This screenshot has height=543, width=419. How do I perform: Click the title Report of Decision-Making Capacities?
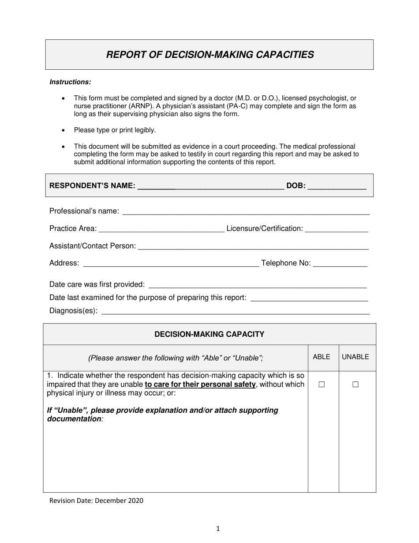tap(210, 55)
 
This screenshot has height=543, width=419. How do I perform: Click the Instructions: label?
tap(70, 82)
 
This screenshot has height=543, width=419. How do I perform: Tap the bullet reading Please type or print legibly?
tap(115, 130)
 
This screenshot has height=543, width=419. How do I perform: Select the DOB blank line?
tap(337, 186)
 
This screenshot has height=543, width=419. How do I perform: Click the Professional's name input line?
tap(246, 211)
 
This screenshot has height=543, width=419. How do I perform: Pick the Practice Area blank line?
tap(161, 229)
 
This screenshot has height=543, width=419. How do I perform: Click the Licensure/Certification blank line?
tap(336, 229)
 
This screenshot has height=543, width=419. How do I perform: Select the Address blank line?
tap(171, 264)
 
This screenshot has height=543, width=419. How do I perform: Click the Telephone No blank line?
tap(340, 264)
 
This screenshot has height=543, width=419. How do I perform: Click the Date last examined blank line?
tap(309, 298)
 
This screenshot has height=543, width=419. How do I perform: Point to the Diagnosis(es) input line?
tap(236, 311)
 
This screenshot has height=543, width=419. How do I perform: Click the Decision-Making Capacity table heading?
tap(209, 334)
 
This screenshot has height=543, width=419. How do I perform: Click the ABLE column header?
tap(322, 357)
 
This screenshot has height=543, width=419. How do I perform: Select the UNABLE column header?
tap(355, 357)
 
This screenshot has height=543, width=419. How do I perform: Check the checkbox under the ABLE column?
tap(322, 385)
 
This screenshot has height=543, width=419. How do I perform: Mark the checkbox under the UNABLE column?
tap(355, 385)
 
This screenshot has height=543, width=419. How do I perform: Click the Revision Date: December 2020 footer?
tap(96, 501)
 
